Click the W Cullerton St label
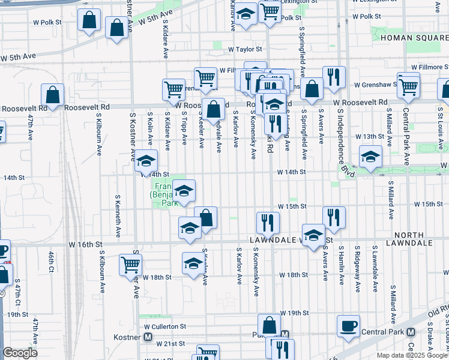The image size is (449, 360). [165, 326]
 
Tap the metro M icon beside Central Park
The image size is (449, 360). [411, 332]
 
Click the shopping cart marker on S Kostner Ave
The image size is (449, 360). [130, 264]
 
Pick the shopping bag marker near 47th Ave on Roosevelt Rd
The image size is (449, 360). [53, 95]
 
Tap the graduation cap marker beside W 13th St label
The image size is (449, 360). [371, 157]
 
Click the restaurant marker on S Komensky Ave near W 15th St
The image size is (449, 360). [268, 222]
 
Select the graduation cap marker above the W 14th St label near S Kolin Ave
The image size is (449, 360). [146, 161]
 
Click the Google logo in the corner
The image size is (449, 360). [20, 353]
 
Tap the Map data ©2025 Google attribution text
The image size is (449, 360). [412, 355]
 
